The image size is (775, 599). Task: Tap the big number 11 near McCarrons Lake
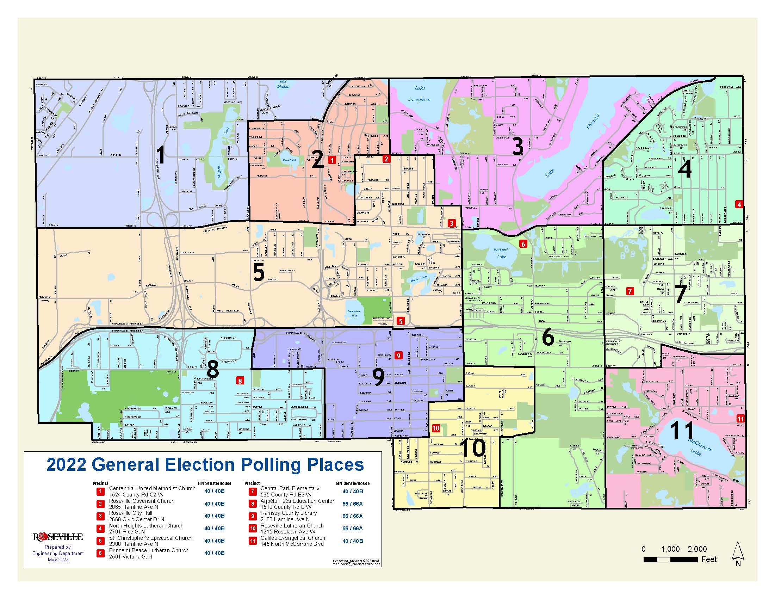[x=682, y=431]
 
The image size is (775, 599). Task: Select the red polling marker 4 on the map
[x=739, y=204]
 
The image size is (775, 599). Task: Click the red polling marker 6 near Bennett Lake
[x=523, y=244]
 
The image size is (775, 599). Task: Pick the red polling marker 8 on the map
[x=240, y=381]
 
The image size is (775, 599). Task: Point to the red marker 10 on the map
[x=436, y=428]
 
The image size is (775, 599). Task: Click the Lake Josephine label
[x=419, y=94]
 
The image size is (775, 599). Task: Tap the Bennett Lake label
[x=501, y=253]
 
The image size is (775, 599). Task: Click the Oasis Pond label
[x=289, y=160]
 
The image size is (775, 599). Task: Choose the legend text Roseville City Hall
[x=131, y=513]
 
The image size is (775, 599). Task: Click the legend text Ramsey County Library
[x=289, y=513]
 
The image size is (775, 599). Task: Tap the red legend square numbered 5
[x=101, y=541]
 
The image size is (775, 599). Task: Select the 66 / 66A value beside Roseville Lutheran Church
[x=352, y=529]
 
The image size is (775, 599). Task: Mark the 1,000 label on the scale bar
[x=670, y=549]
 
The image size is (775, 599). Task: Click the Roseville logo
[x=58, y=537]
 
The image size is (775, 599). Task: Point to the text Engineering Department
[x=58, y=553]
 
